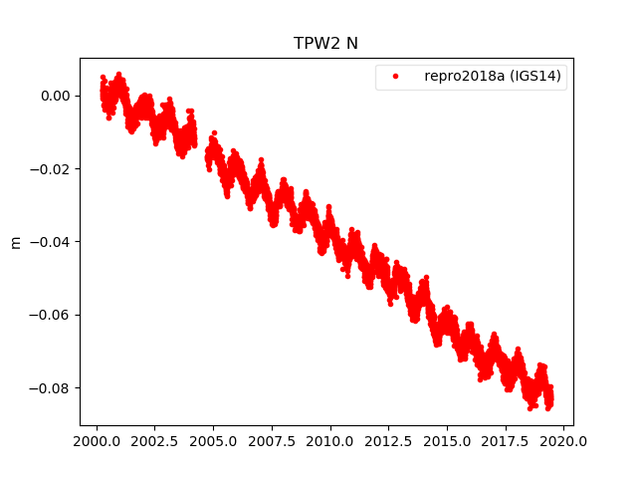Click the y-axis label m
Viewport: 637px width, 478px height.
point(15,242)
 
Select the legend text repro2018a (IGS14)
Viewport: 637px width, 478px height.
point(495,77)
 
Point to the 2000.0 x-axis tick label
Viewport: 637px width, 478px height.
point(97,440)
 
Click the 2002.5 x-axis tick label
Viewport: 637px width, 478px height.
point(155,440)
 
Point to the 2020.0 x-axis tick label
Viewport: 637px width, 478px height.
point(564,440)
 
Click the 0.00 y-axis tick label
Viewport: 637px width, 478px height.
point(55,96)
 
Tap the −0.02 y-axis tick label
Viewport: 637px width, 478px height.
point(50,169)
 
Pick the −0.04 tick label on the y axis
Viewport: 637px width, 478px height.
point(50,242)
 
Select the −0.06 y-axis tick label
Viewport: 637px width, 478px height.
point(50,315)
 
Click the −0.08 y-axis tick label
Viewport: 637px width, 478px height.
point(50,387)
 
